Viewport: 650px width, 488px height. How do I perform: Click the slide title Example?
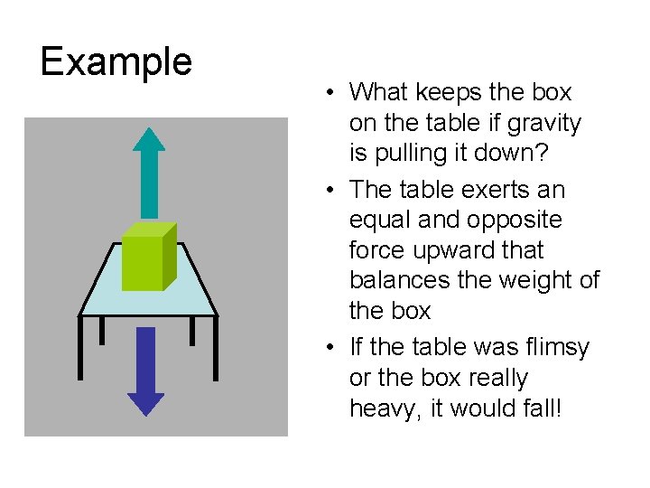point(116,61)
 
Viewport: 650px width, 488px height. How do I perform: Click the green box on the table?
point(148,257)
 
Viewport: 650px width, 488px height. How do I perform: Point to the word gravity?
point(547,123)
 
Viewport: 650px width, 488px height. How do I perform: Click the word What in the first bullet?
point(378,92)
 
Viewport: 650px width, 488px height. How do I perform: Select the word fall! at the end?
point(537,408)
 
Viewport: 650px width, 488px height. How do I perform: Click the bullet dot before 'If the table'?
point(333,348)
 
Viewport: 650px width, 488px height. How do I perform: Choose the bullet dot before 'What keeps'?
point(333,93)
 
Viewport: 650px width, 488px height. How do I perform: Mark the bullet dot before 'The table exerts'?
point(333,191)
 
